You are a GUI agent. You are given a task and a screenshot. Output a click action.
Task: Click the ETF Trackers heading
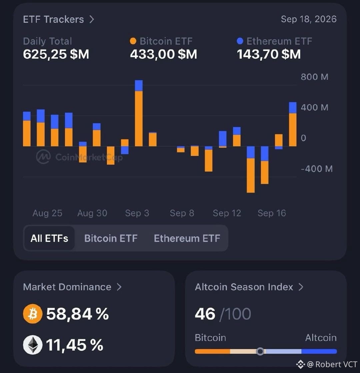53,19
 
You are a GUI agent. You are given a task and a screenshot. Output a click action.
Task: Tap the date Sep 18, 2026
309,19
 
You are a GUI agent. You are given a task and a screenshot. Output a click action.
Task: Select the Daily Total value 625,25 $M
56,54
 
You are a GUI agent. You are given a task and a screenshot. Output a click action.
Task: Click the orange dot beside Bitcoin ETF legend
133,41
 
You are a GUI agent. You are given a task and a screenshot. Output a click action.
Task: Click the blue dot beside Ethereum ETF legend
240,41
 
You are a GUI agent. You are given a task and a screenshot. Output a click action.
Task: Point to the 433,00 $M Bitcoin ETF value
163,54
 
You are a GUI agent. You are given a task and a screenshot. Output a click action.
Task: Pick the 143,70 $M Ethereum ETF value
269,54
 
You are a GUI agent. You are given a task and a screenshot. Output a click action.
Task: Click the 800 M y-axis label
315,77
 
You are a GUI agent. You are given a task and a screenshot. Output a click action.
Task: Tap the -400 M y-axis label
317,169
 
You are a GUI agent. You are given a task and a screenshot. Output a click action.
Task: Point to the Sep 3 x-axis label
137,213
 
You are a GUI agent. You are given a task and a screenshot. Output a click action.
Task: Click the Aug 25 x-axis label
47,213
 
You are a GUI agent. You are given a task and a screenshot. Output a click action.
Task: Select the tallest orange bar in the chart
139,118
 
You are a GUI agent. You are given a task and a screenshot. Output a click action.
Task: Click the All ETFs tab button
49,238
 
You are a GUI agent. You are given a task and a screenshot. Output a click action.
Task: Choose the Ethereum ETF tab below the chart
187,238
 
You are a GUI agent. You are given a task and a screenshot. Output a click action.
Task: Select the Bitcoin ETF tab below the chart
111,238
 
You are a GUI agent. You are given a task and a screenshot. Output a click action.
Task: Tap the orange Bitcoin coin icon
33,314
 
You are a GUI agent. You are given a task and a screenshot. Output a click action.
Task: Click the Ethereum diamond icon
33,345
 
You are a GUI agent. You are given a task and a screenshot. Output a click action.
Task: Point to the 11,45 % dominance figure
75,345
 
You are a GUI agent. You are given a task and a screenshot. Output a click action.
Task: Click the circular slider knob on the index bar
260,351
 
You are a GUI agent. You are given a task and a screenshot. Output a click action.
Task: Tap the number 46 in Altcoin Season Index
205,314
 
